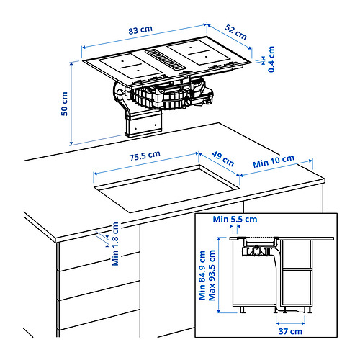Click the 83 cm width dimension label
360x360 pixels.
pyautogui.click(x=140, y=30)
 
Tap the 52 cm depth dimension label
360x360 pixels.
pyautogui.click(x=235, y=32)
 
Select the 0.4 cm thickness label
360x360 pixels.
pyautogui.click(x=271, y=59)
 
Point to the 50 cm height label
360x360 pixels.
pyautogui.click(x=64, y=104)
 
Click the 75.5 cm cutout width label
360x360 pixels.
pyautogui.click(x=145, y=156)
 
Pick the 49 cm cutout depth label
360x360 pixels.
pyautogui.click(x=223, y=159)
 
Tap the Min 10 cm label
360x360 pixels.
pyautogui.click(x=274, y=161)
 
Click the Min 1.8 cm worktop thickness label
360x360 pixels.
pyautogui.click(x=115, y=243)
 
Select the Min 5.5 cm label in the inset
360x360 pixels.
pyautogui.click(x=235, y=219)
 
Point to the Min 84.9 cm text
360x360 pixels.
pyautogui.click(x=202, y=275)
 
